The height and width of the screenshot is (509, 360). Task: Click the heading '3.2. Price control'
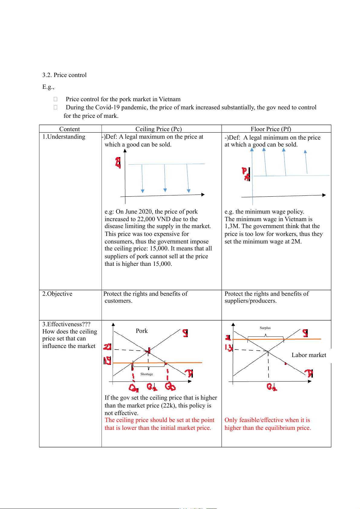(64, 75)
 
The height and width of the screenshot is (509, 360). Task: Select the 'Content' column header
(70, 129)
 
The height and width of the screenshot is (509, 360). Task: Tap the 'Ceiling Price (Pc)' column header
(158, 129)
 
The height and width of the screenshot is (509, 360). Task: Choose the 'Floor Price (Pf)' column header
(271, 129)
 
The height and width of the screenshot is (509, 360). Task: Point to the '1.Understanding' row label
(64, 137)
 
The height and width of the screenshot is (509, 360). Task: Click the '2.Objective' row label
(57, 294)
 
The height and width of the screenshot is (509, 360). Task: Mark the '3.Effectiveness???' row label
(66, 324)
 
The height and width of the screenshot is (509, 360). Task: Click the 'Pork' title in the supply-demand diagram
(142, 331)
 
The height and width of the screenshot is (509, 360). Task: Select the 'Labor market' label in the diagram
(309, 355)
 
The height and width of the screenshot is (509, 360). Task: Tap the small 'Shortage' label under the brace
(147, 374)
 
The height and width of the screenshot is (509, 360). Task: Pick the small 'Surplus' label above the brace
(265, 328)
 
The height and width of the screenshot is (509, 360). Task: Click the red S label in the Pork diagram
(185, 333)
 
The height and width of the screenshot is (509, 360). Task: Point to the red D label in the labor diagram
(309, 373)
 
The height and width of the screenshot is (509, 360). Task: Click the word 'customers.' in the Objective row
(118, 301)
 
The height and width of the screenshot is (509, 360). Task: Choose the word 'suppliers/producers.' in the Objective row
(250, 301)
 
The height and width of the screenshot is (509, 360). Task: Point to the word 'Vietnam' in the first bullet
(170, 99)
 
